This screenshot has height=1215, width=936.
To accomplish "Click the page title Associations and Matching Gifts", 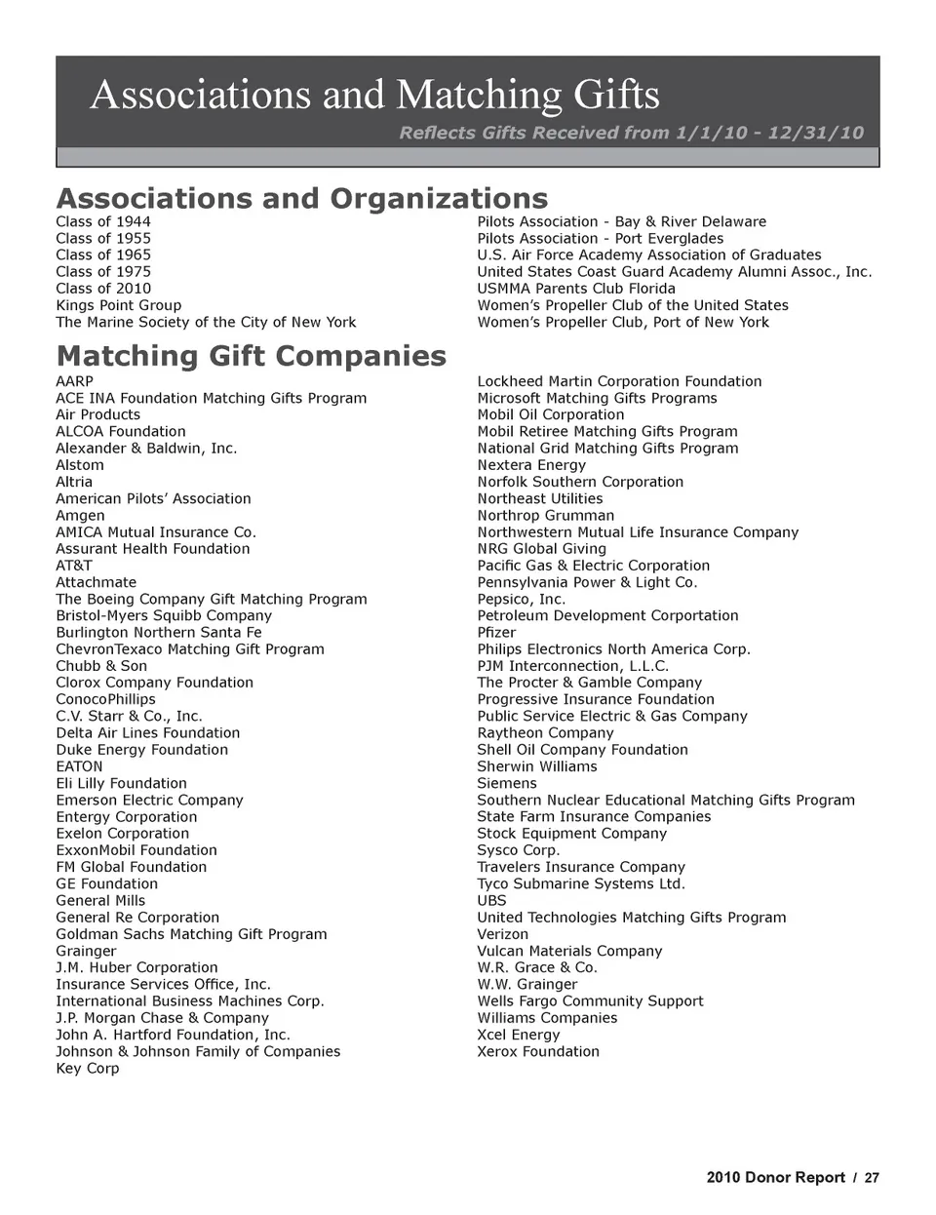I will (x=374, y=95).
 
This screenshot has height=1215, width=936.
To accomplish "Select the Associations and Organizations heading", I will (x=301, y=198).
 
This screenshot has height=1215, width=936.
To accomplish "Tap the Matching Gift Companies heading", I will (x=251, y=356).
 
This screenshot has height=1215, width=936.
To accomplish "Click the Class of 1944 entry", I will (x=103, y=221).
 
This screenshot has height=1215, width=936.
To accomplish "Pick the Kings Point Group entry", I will (x=118, y=305).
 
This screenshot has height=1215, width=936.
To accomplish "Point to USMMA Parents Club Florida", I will (x=575, y=289).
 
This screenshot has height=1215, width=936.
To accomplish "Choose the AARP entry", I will (x=74, y=381).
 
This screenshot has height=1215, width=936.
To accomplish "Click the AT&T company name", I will (x=74, y=566).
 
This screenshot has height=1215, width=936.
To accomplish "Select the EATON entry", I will (x=79, y=766).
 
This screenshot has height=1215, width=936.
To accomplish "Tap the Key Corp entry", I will (x=87, y=1068).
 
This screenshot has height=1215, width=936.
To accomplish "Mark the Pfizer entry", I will (x=496, y=632).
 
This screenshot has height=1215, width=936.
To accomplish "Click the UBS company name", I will (x=491, y=900).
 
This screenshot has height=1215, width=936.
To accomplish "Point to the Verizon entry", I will (x=502, y=934).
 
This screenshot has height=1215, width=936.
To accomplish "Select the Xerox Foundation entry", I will (x=538, y=1051).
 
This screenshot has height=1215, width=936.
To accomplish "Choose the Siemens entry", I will (x=507, y=783).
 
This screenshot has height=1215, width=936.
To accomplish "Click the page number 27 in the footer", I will (x=872, y=1177).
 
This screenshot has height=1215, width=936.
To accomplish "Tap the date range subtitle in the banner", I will (x=631, y=133).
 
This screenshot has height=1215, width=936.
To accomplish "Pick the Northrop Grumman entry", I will (x=545, y=515).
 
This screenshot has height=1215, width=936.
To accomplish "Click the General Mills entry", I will (x=100, y=900).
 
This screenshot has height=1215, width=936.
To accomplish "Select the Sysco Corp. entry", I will (x=518, y=850).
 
